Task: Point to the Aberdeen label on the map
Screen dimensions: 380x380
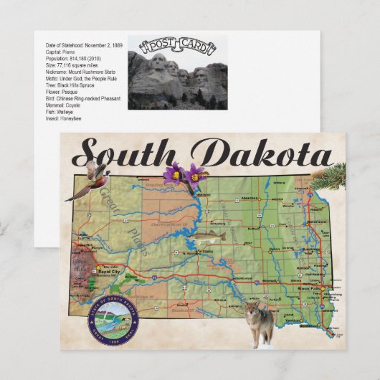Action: (270, 198)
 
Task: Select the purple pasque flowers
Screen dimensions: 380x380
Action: (186, 176)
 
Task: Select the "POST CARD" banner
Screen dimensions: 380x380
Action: (177, 48)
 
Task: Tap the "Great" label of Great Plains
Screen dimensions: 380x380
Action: (109, 197)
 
